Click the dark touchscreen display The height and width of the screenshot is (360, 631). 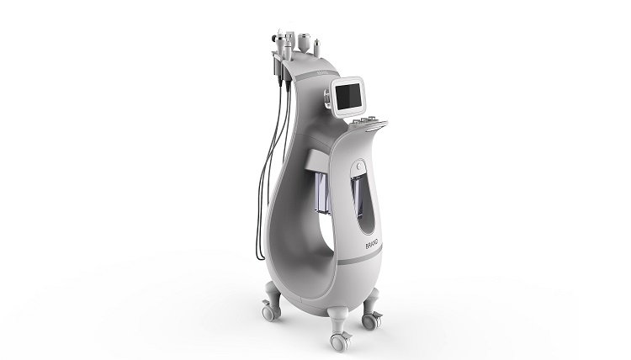tap(349, 97)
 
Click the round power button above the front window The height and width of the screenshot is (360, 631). tap(358, 166)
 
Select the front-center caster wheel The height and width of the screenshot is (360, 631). tap(340, 342)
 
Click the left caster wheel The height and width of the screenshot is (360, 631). tap(268, 313)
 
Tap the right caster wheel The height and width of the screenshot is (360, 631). tap(370, 320)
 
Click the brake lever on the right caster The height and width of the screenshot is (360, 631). tap(378, 315)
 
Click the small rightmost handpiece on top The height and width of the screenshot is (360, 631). tap(317, 48)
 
